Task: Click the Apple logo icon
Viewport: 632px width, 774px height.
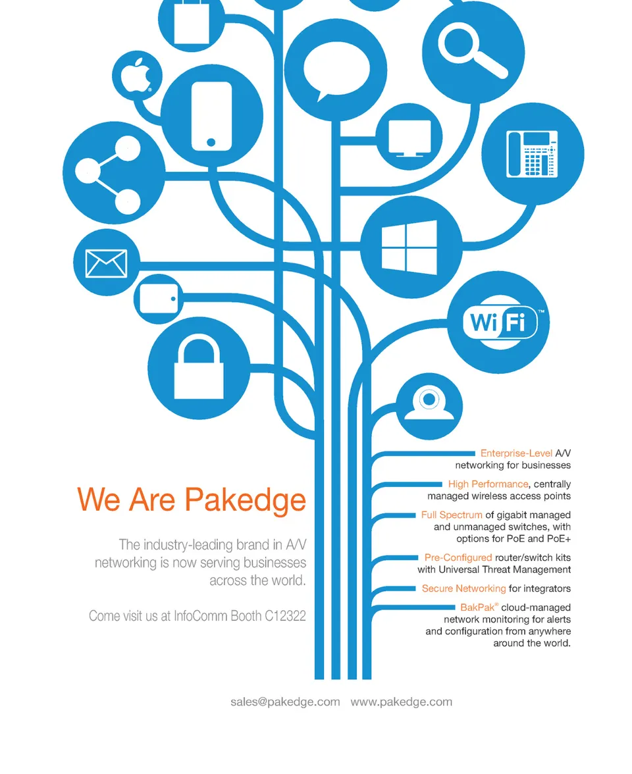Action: point(136,76)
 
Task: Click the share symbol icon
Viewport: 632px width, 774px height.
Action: point(108,172)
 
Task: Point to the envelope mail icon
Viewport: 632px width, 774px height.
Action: point(106,263)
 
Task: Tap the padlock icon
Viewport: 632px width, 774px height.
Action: point(199,366)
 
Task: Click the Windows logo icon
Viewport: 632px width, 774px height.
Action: point(409,247)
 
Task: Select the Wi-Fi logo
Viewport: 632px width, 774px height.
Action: point(500,322)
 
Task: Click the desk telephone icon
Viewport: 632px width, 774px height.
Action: point(532,154)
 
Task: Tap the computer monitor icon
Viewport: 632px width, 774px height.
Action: point(409,138)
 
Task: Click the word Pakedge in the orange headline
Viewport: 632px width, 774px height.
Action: point(246,500)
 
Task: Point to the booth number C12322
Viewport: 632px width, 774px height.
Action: point(286,616)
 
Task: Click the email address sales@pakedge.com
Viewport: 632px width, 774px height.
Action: point(286,702)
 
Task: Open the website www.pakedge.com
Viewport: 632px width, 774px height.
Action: point(402,702)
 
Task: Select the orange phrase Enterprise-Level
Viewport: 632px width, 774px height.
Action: point(516,453)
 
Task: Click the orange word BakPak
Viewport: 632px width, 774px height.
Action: point(477,607)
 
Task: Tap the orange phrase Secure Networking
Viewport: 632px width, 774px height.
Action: point(463,588)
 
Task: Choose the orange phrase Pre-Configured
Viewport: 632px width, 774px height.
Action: point(458,558)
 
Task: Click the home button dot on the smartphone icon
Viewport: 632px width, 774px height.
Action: point(211,142)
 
